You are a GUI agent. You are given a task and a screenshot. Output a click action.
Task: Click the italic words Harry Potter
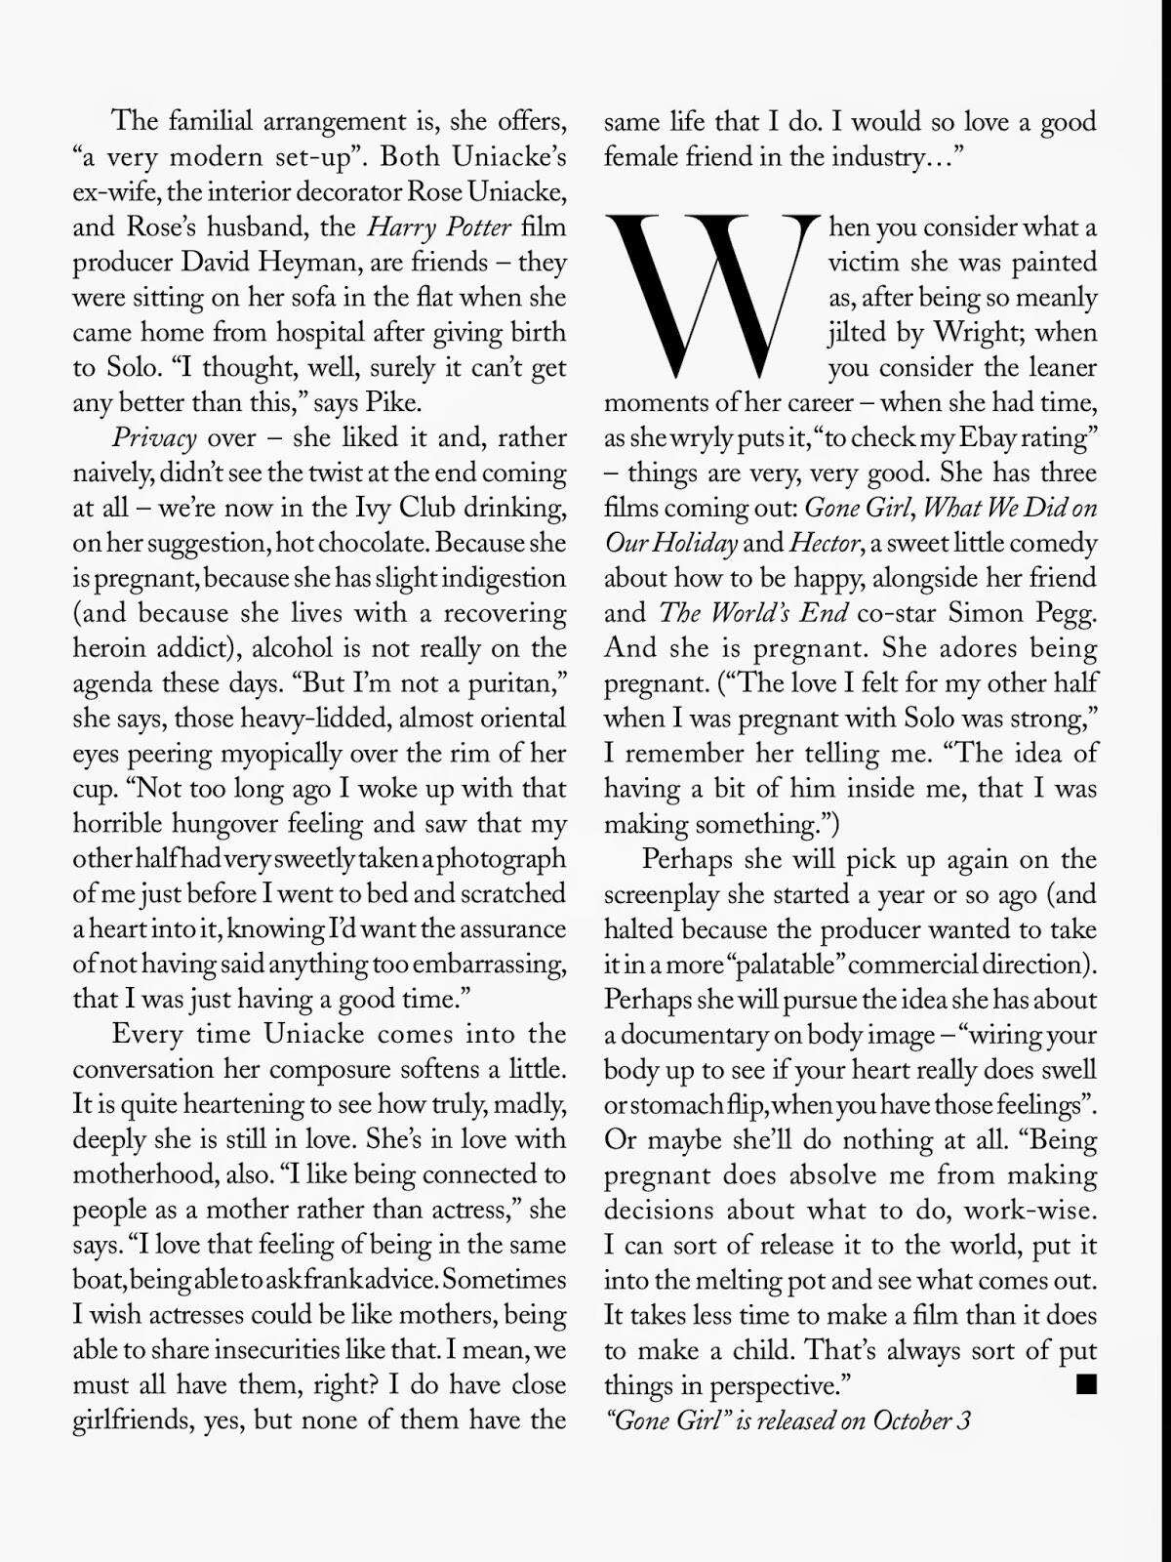(439, 227)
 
